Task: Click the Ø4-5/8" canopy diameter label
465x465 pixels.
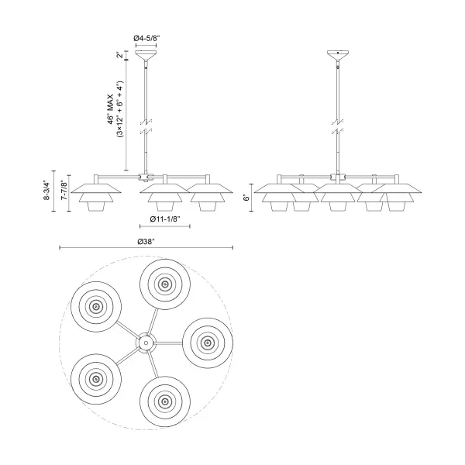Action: click(x=146, y=38)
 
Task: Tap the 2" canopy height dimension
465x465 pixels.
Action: click(x=119, y=55)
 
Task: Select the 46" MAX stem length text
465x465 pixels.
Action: click(x=111, y=109)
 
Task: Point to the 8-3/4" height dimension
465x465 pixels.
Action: click(x=46, y=190)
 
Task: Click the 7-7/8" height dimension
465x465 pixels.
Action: click(x=64, y=190)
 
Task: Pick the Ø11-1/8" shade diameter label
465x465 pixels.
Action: click(x=165, y=219)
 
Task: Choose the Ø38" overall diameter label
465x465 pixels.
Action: click(x=146, y=242)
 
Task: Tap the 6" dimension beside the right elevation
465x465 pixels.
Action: click(x=246, y=198)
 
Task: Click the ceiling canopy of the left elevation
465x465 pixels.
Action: click(x=146, y=56)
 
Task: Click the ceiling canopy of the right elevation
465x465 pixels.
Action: click(x=338, y=56)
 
